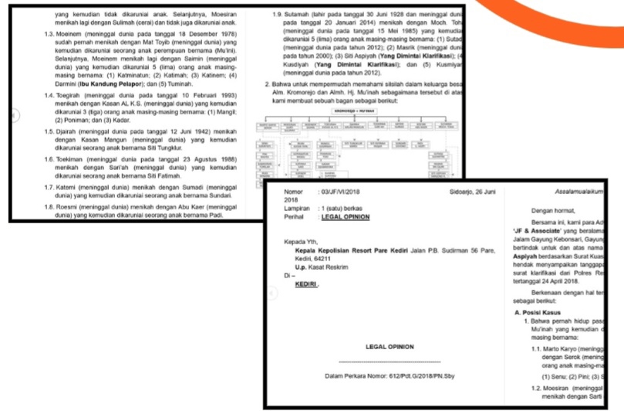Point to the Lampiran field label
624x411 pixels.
(x=299, y=209)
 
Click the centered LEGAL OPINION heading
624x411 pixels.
(x=390, y=347)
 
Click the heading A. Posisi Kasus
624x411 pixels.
(x=541, y=311)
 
